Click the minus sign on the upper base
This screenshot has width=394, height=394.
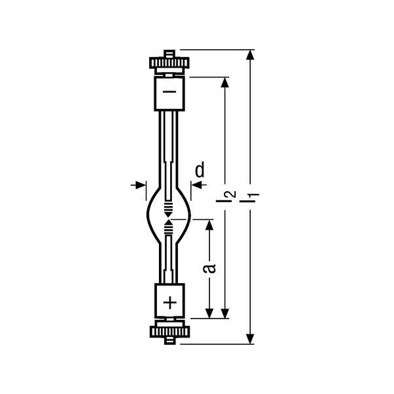click(169, 91)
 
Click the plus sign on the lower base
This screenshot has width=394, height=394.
click(170, 303)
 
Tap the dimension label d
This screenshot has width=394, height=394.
click(200, 169)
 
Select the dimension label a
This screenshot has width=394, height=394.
click(209, 268)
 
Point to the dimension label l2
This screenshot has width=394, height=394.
click(226, 196)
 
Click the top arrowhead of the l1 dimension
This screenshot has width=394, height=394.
click(250, 55)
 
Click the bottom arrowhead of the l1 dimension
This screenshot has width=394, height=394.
click(250, 339)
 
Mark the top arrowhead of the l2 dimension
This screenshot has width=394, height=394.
click(225, 83)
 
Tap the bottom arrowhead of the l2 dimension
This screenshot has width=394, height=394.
click(225, 313)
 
